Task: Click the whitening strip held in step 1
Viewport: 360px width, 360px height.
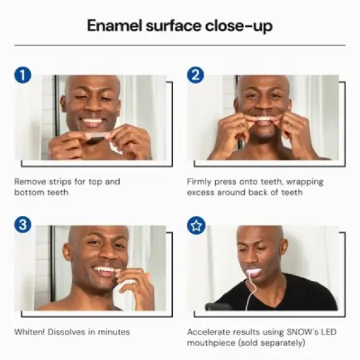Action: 96,135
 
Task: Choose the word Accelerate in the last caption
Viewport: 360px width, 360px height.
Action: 209,332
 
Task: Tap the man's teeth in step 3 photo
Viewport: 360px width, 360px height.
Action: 105,269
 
